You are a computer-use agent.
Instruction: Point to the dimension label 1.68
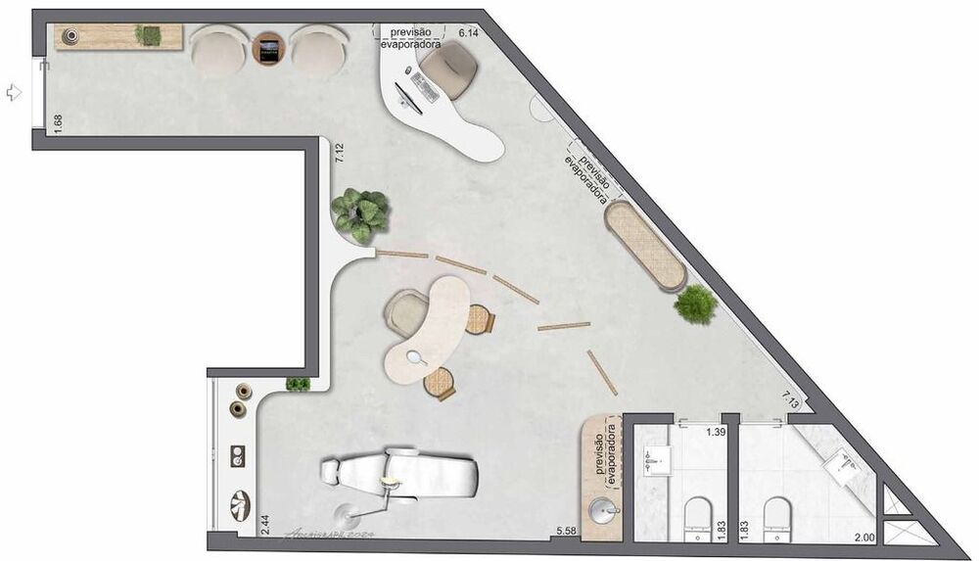(59, 124)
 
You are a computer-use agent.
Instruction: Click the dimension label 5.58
(566, 531)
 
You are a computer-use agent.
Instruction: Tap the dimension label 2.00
(863, 538)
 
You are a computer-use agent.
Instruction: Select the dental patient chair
(401, 474)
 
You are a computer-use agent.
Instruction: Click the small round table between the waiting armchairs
(269, 48)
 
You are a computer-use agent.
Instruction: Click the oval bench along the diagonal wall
(645, 244)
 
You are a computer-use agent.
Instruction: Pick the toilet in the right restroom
(777, 516)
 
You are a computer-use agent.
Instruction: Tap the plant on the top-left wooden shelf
(150, 35)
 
